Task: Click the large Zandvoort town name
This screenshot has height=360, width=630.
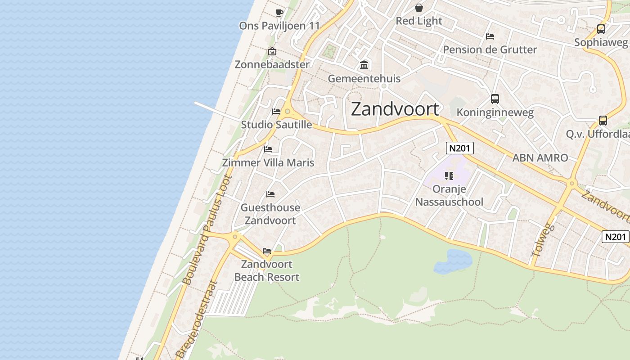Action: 395,109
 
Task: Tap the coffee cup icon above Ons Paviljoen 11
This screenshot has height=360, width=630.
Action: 279,13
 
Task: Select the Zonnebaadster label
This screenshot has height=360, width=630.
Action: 272,64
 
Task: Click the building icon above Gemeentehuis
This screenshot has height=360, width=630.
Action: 364,66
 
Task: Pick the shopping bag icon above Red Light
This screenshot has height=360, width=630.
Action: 419,8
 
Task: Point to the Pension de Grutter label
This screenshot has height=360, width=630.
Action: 490,49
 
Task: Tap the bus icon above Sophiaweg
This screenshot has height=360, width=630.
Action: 601,29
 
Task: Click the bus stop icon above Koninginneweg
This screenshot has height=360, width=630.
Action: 495,99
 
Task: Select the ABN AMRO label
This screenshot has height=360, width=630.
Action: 540,158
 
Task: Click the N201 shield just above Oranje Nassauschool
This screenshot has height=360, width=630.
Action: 460,148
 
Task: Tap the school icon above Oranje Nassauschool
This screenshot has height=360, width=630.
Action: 449,175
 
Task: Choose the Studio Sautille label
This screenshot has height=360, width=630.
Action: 276,125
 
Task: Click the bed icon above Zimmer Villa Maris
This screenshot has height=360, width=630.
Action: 268,149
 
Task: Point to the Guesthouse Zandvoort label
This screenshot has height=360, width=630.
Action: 270,214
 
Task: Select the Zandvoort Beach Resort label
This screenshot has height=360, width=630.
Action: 267,270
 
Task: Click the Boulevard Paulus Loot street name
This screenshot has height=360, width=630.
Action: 207,229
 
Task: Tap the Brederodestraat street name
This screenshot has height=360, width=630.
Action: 197,319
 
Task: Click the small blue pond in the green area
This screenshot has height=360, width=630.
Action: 453,261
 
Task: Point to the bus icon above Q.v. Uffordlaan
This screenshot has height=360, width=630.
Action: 603,121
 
